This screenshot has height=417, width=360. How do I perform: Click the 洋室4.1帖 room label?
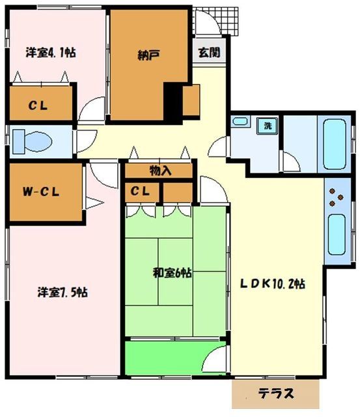click(x=51, y=52)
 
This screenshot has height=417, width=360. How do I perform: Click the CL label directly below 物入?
click(x=142, y=192)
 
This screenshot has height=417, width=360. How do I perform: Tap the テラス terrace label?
click(x=276, y=394)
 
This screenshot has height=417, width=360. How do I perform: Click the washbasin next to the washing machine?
click(x=240, y=122)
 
